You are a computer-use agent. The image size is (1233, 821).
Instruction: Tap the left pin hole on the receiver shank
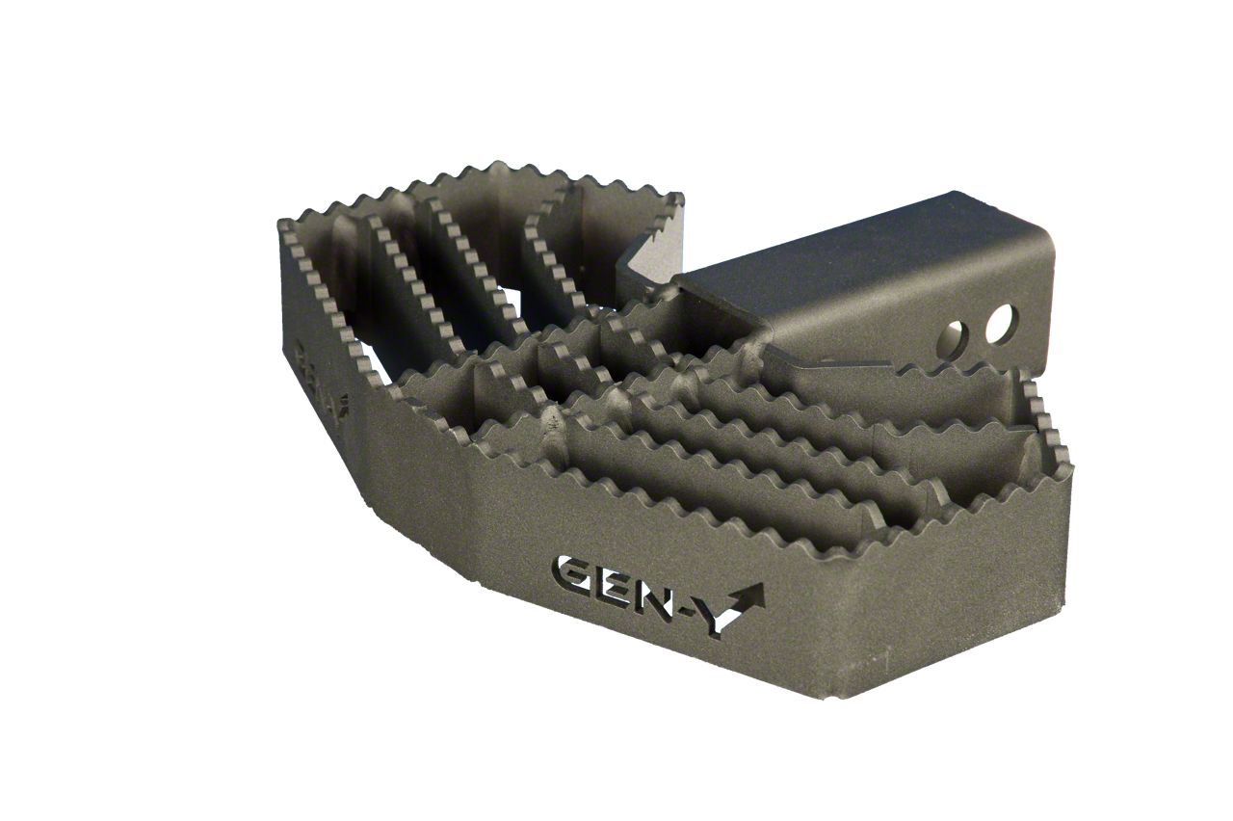(x=957, y=338)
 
